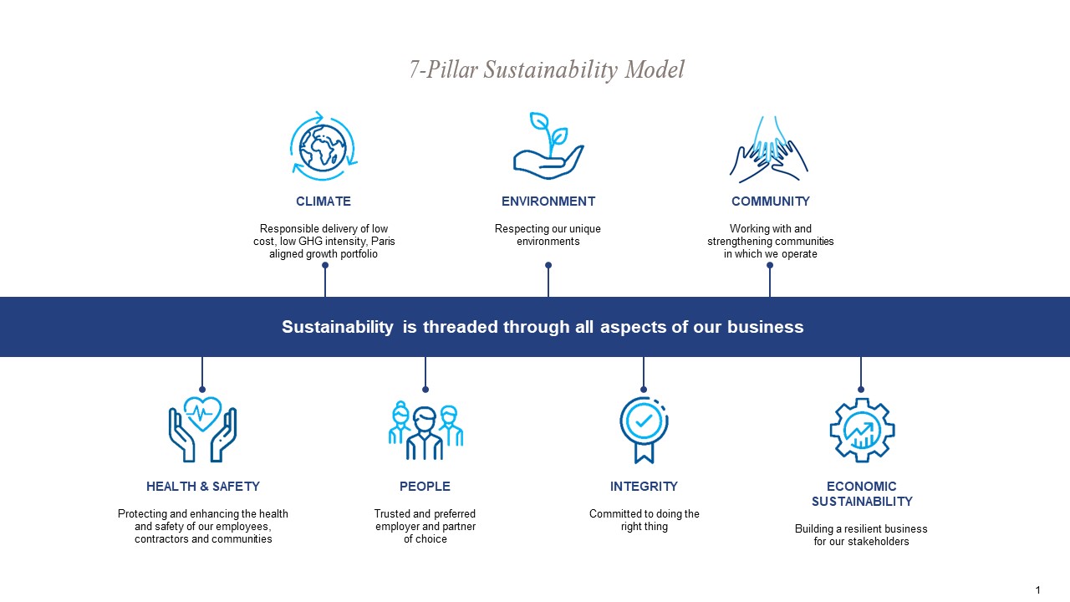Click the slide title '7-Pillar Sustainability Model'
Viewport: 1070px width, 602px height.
coord(547,69)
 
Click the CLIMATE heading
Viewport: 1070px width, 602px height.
coord(324,202)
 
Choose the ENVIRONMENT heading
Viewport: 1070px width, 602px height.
coord(548,202)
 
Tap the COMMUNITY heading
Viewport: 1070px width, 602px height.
coord(771,202)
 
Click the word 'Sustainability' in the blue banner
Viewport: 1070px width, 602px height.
coord(337,327)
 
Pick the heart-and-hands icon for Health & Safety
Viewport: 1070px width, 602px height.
coord(202,429)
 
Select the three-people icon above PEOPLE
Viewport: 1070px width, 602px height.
coord(425,430)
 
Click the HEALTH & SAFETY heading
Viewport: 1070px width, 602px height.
coord(203,487)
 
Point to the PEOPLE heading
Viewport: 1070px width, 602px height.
coord(425,487)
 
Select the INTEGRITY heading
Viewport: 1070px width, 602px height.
coord(644,487)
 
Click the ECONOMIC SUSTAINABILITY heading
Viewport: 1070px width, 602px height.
coord(862,494)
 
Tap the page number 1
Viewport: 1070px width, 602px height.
coord(1037,590)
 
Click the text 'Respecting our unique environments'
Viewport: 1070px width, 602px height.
coord(548,235)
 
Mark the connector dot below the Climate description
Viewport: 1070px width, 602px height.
coord(325,265)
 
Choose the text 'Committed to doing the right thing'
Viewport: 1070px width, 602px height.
coord(644,520)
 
